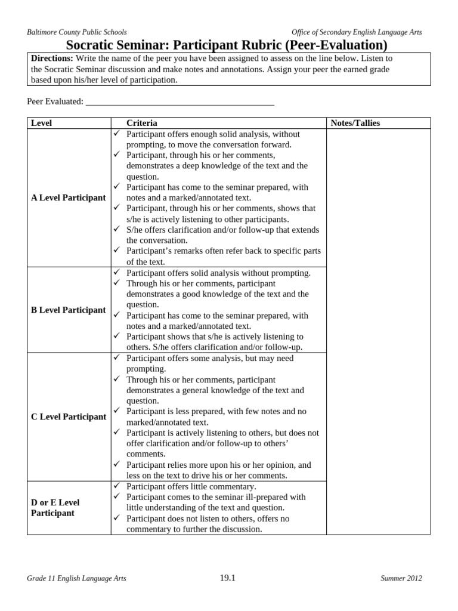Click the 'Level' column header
[x=41, y=123]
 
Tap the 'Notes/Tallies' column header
[x=355, y=123]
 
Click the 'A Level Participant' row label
[x=68, y=198]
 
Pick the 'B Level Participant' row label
[x=68, y=310]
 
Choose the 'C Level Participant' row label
[x=68, y=416]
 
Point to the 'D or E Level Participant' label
[x=55, y=508]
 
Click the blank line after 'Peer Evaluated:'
[x=180, y=102]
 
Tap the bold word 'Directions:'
[x=52, y=58]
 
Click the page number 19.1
[x=228, y=578]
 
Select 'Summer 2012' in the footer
[x=402, y=578]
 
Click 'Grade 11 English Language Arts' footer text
[x=76, y=578]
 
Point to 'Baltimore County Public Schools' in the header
[x=77, y=32]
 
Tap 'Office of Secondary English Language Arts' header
[x=357, y=32]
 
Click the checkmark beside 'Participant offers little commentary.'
[x=117, y=486]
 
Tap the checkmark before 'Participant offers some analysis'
[x=117, y=358]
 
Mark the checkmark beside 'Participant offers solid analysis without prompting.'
[x=117, y=273]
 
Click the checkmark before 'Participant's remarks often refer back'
[x=117, y=251]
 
